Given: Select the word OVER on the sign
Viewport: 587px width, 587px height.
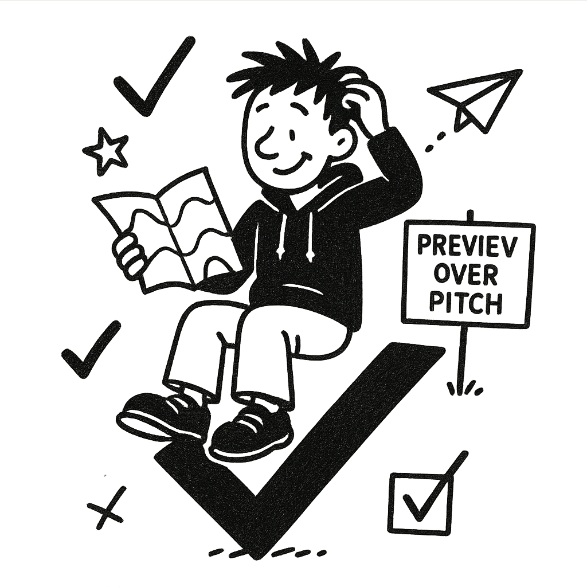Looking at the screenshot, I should click(x=465, y=275).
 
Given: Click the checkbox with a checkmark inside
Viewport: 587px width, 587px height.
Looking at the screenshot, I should click(x=417, y=502).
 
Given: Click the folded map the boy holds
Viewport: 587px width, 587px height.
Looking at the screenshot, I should click(x=172, y=229).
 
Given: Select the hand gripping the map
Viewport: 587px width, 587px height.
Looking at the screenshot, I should click(x=130, y=252).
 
